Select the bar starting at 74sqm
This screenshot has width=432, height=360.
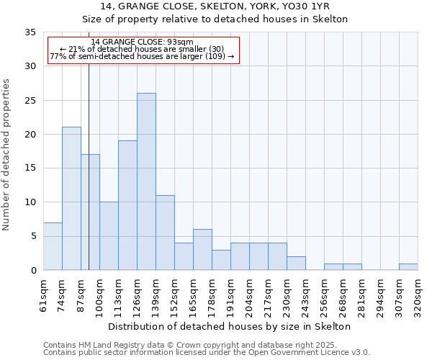(x=71, y=198)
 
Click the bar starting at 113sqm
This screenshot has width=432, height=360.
(x=127, y=205)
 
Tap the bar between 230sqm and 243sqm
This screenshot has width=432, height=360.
(x=296, y=264)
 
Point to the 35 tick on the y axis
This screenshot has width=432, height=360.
(x=31, y=32)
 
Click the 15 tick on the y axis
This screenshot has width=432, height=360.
(x=31, y=168)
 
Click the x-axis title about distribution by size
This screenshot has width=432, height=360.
(x=230, y=326)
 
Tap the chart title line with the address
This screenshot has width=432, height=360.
(x=215, y=6)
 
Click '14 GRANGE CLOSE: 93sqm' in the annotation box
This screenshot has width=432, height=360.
(x=143, y=42)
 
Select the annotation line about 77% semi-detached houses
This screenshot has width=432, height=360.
(x=142, y=56)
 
